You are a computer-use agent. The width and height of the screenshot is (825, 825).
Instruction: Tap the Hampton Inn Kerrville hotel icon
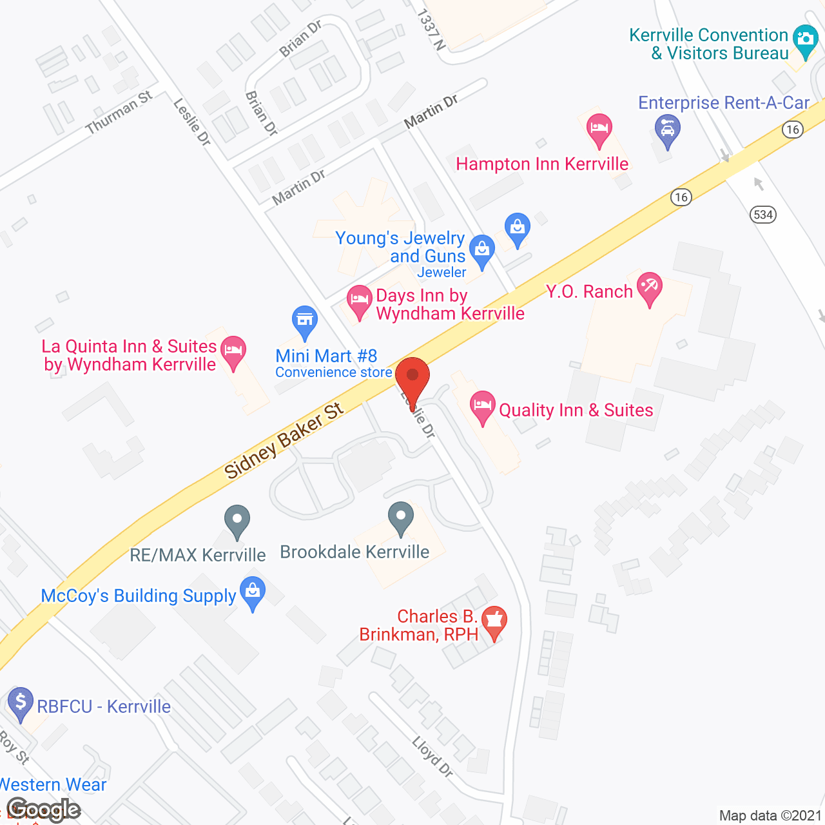click(x=599, y=129)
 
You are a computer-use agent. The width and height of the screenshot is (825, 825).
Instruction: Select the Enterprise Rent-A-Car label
click(x=723, y=103)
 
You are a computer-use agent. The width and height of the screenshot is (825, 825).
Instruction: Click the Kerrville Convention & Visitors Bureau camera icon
click(x=805, y=40)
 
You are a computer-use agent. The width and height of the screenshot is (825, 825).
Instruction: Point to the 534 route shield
click(x=763, y=215)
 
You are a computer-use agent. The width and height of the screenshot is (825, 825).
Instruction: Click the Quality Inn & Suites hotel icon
click(x=482, y=407)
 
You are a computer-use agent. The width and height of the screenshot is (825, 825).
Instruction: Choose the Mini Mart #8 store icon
click(x=305, y=322)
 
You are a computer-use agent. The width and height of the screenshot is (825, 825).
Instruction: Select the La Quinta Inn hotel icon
click(x=233, y=351)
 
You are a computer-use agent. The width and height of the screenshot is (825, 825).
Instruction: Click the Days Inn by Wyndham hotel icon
click(x=360, y=300)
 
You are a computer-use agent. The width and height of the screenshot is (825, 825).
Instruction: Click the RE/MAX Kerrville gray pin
click(x=237, y=520)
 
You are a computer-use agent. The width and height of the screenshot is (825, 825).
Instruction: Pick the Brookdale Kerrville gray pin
click(x=401, y=518)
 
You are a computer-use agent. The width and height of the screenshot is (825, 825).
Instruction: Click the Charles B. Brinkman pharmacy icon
click(x=494, y=621)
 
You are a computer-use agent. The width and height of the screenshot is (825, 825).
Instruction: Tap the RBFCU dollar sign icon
click(x=21, y=702)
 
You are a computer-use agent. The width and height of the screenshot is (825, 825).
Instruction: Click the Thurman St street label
click(x=119, y=112)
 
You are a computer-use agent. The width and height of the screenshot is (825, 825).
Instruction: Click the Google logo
click(x=44, y=810)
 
